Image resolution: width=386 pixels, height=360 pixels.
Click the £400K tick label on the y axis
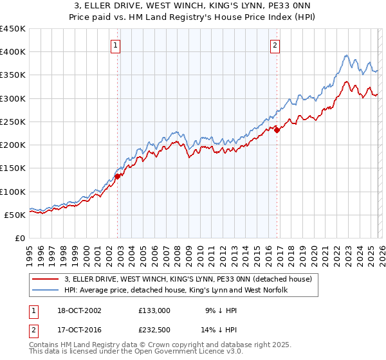[13, 52]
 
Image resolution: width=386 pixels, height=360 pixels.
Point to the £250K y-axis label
[13, 122]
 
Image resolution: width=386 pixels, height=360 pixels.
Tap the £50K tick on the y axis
[15, 215]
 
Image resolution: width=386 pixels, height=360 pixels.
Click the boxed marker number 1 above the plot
[115, 45]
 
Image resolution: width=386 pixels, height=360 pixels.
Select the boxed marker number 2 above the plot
[275, 45]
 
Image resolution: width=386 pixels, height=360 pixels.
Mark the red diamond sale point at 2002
[118, 175]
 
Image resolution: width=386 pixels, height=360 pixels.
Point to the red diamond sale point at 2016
[277, 130]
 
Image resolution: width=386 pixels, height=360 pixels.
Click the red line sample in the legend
[46, 279]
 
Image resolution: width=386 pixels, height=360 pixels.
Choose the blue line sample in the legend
[46, 290]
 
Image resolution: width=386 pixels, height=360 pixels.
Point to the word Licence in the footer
[175, 352]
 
